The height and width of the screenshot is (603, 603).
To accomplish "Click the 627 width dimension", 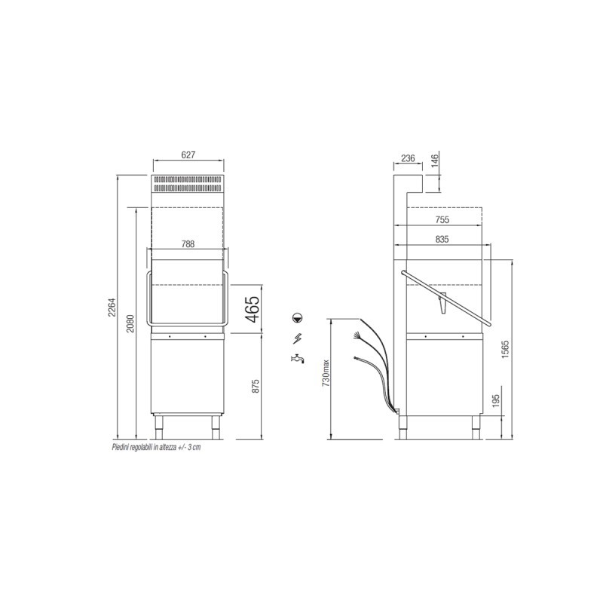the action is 188,155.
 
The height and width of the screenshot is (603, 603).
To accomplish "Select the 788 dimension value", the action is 188,244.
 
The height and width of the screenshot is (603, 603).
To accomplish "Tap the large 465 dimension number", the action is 253,309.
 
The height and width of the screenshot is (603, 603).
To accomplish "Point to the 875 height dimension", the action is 256,386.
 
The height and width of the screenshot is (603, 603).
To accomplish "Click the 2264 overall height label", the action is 112,308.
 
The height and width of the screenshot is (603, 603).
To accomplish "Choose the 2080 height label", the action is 130,323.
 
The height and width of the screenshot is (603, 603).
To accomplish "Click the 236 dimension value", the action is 408,158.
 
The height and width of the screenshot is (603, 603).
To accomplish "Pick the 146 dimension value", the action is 435,160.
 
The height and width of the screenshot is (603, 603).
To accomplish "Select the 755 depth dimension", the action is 442,220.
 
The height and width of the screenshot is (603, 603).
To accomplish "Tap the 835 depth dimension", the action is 442,239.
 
